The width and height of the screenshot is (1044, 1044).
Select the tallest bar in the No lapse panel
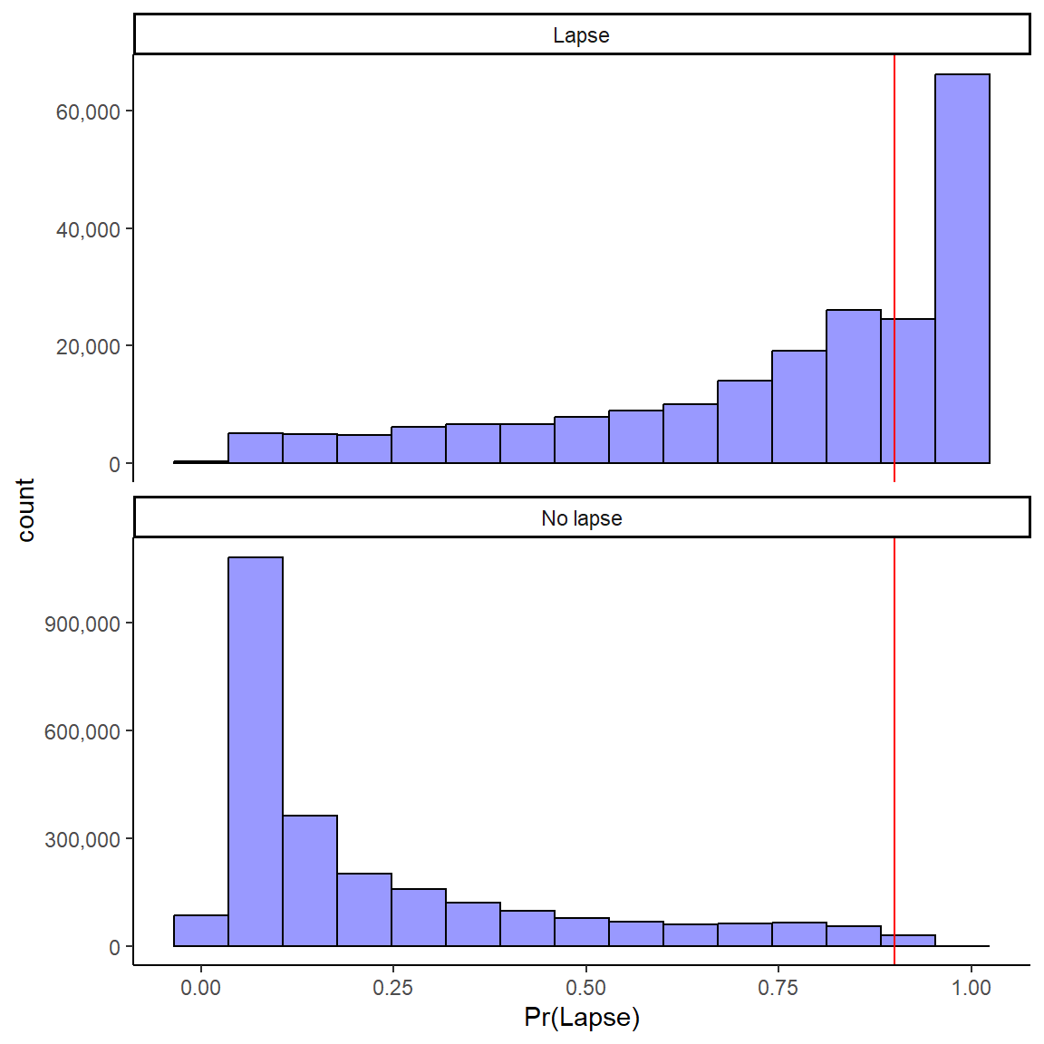point(256,752)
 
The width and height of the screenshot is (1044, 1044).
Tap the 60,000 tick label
point(88,111)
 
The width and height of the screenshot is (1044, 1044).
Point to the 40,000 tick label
point(88,229)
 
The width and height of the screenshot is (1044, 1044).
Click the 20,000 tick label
point(88,347)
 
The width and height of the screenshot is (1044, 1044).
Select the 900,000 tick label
point(82,623)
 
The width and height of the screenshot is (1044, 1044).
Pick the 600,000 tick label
point(82,731)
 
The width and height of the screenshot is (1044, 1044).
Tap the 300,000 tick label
point(82,839)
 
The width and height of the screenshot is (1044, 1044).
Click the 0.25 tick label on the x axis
point(392,988)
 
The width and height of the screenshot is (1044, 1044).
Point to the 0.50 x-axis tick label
point(585,988)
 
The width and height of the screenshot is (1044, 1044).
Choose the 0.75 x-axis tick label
point(778,988)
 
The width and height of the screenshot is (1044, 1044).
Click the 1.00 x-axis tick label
point(971,988)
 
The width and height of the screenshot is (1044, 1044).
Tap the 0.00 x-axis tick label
point(200,988)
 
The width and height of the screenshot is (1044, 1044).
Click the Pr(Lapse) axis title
point(582,1018)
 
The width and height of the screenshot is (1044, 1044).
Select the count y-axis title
point(25,510)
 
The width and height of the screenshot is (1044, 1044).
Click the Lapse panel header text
point(581,35)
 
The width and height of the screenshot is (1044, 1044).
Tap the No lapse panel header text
point(581,518)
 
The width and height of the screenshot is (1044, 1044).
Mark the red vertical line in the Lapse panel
point(894,181)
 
